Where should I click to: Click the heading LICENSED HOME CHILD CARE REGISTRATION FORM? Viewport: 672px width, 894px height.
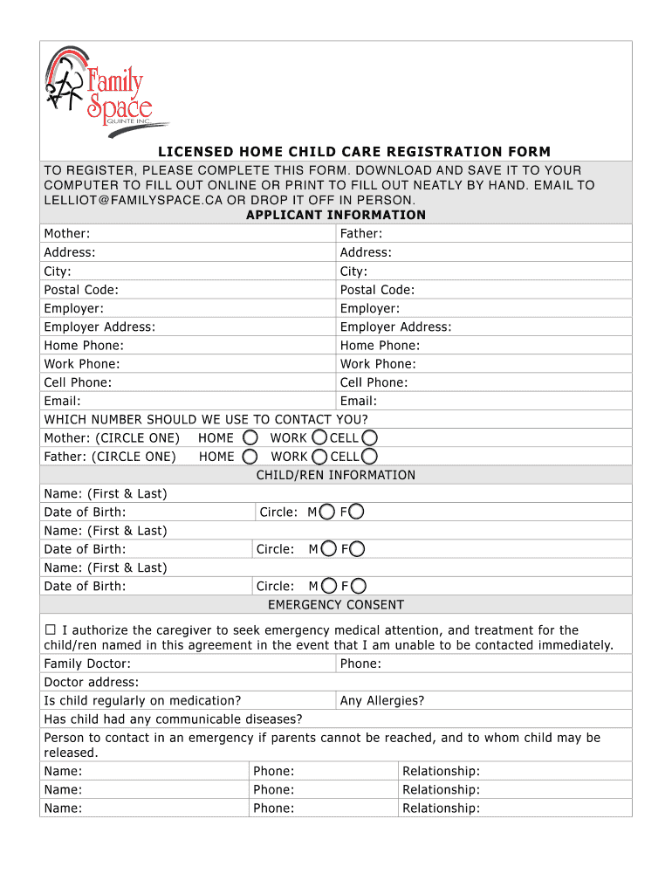click(x=353, y=152)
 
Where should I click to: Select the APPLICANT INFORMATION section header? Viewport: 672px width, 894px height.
click(x=336, y=215)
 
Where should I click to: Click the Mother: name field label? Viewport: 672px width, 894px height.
click(x=67, y=233)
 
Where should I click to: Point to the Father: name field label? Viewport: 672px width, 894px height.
click(x=361, y=233)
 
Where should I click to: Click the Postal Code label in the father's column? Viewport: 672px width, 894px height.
click(x=377, y=290)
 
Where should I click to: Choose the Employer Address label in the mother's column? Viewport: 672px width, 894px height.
click(x=99, y=327)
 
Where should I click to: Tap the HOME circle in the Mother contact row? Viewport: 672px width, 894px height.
click(x=250, y=437)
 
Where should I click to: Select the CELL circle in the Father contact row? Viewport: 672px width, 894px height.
click(x=370, y=456)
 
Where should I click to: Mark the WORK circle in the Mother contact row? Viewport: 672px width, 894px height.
click(x=320, y=437)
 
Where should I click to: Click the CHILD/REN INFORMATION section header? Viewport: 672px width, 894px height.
click(x=336, y=475)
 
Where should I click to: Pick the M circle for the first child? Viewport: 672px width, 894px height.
click(x=327, y=512)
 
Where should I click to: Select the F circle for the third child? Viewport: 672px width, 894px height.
click(x=358, y=586)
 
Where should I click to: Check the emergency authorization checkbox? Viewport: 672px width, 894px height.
click(x=50, y=630)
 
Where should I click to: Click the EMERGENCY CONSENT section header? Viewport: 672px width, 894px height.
click(x=336, y=605)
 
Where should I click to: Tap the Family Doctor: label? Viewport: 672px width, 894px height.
click(x=87, y=664)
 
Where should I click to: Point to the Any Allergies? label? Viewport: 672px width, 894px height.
click(x=382, y=700)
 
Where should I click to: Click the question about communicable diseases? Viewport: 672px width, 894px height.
click(x=173, y=719)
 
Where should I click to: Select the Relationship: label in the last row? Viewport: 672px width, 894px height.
click(x=441, y=808)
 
